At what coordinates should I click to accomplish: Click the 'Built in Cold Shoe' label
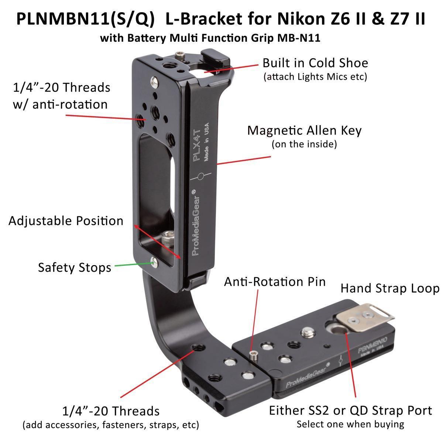tap(315, 63)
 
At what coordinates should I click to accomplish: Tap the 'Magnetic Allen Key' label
tap(304, 130)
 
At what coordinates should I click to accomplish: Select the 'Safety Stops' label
tap(75, 267)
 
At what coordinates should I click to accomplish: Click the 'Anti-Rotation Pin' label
tap(275, 282)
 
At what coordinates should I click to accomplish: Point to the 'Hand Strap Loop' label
tap(390, 288)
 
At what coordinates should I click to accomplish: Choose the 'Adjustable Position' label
tap(66, 221)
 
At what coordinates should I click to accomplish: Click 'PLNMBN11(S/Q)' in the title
tap(85, 20)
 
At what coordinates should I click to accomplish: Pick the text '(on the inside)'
tap(304, 144)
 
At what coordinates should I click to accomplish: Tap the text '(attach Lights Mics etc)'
tap(315, 77)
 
